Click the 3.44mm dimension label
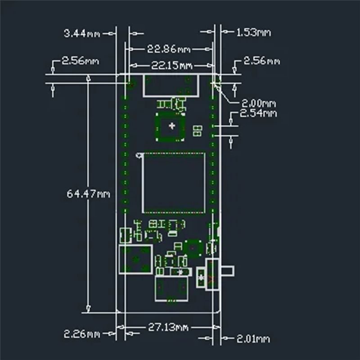[x=82, y=33]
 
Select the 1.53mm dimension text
[x=253, y=32]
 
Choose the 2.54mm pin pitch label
[x=258, y=113]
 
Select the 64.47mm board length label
[x=88, y=194]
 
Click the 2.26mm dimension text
[x=81, y=334]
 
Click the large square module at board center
[x=174, y=183]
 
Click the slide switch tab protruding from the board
[x=227, y=271]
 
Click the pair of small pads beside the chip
[x=197, y=131]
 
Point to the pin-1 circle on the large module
[x=139, y=156]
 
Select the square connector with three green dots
[x=135, y=260]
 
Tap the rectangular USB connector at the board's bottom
[x=171, y=288]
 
